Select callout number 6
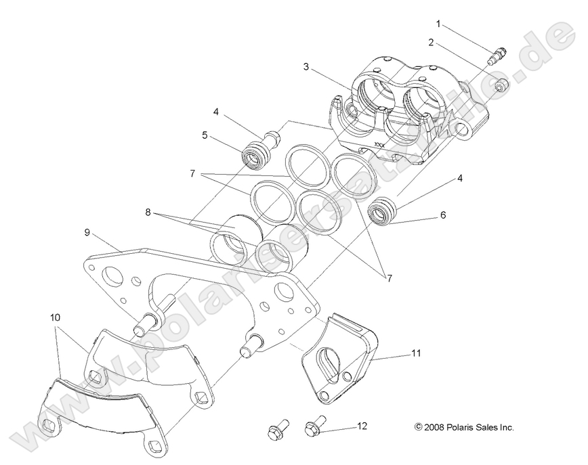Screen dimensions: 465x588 [x=442, y=215]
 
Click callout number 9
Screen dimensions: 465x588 [x=87, y=232]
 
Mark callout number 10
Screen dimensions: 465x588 [x=54, y=316]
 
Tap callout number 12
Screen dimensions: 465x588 [x=362, y=426]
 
